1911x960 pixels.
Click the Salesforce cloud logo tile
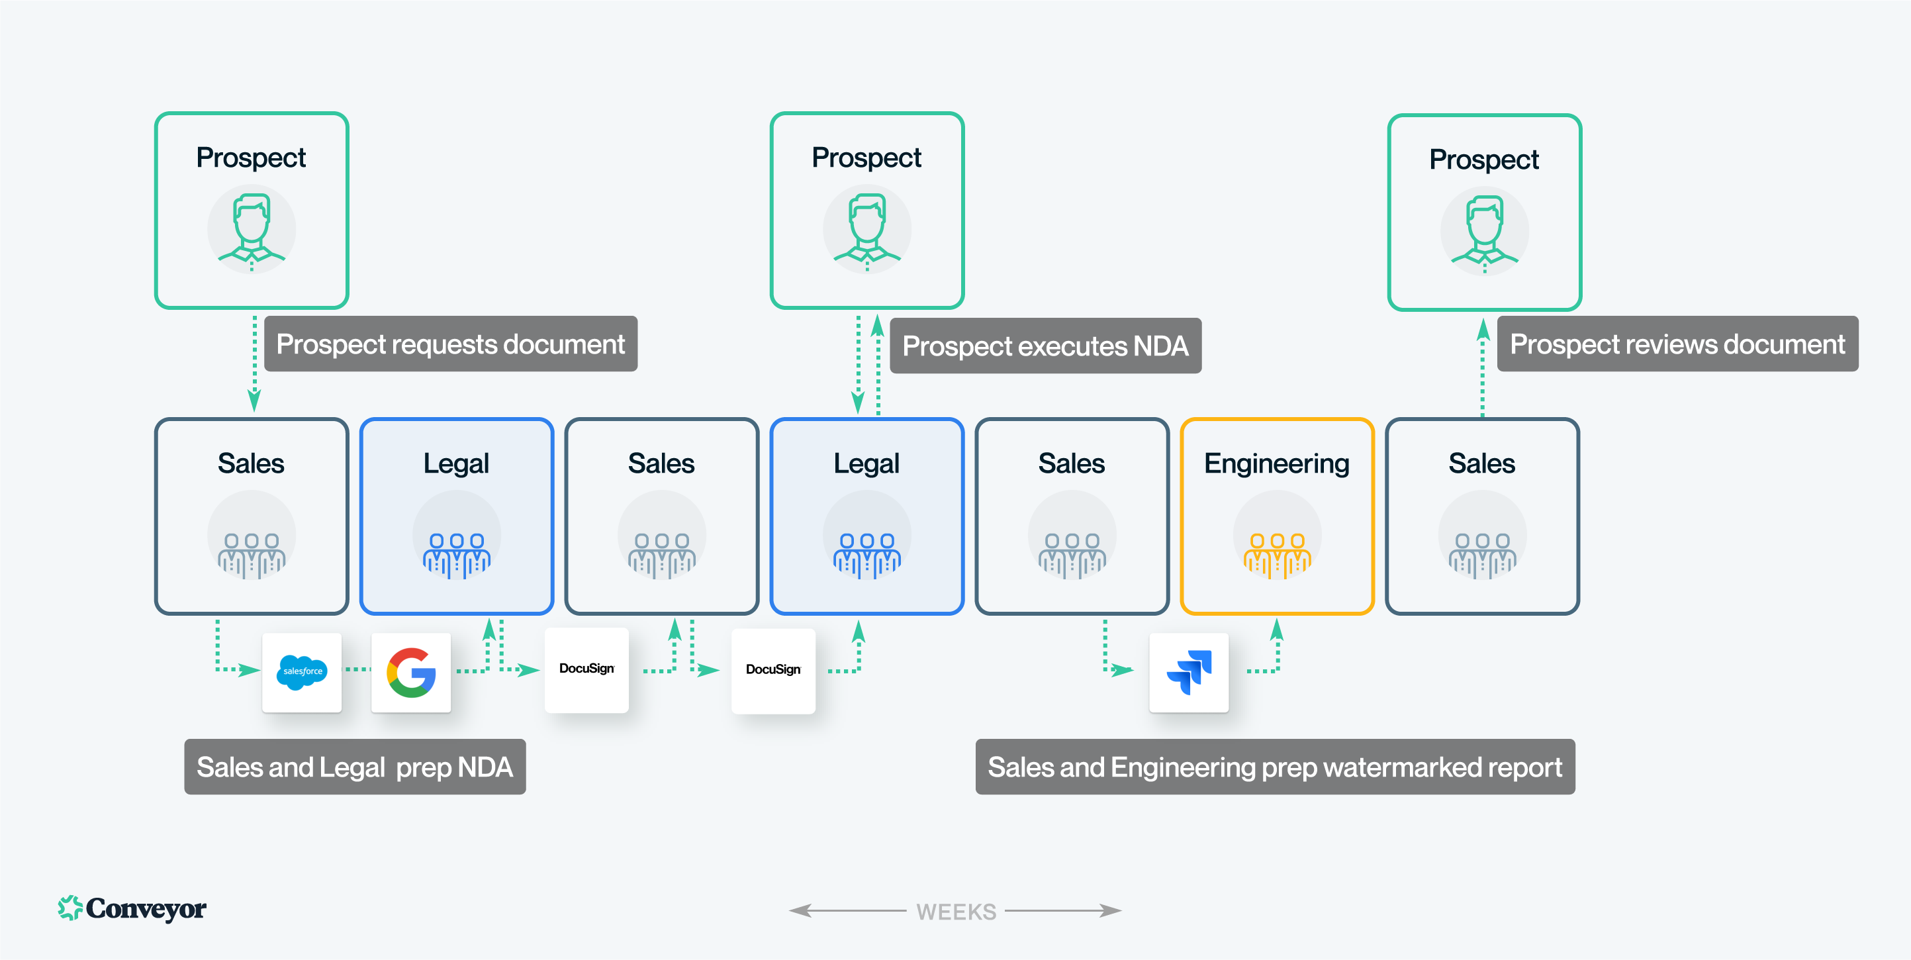tap(301, 672)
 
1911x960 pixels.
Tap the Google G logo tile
tap(411, 672)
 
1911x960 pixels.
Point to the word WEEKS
tap(956, 911)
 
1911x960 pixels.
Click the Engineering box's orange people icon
tap(1277, 554)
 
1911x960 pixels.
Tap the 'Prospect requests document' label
tap(450, 344)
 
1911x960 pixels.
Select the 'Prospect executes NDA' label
tap(1045, 346)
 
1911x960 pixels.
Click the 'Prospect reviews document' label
tap(1677, 344)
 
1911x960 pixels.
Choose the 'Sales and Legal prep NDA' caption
tap(355, 767)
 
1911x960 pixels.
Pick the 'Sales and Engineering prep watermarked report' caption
tap(1274, 767)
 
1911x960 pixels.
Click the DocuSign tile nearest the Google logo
tap(586, 669)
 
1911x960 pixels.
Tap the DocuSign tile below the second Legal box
tap(773, 671)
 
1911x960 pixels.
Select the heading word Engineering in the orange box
tap(1276, 463)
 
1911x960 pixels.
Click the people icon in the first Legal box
tap(456, 554)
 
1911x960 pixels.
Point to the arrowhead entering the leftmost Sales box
tap(254, 401)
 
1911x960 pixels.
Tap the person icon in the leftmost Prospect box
tap(252, 229)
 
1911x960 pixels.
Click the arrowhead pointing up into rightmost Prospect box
tap(1483, 328)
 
